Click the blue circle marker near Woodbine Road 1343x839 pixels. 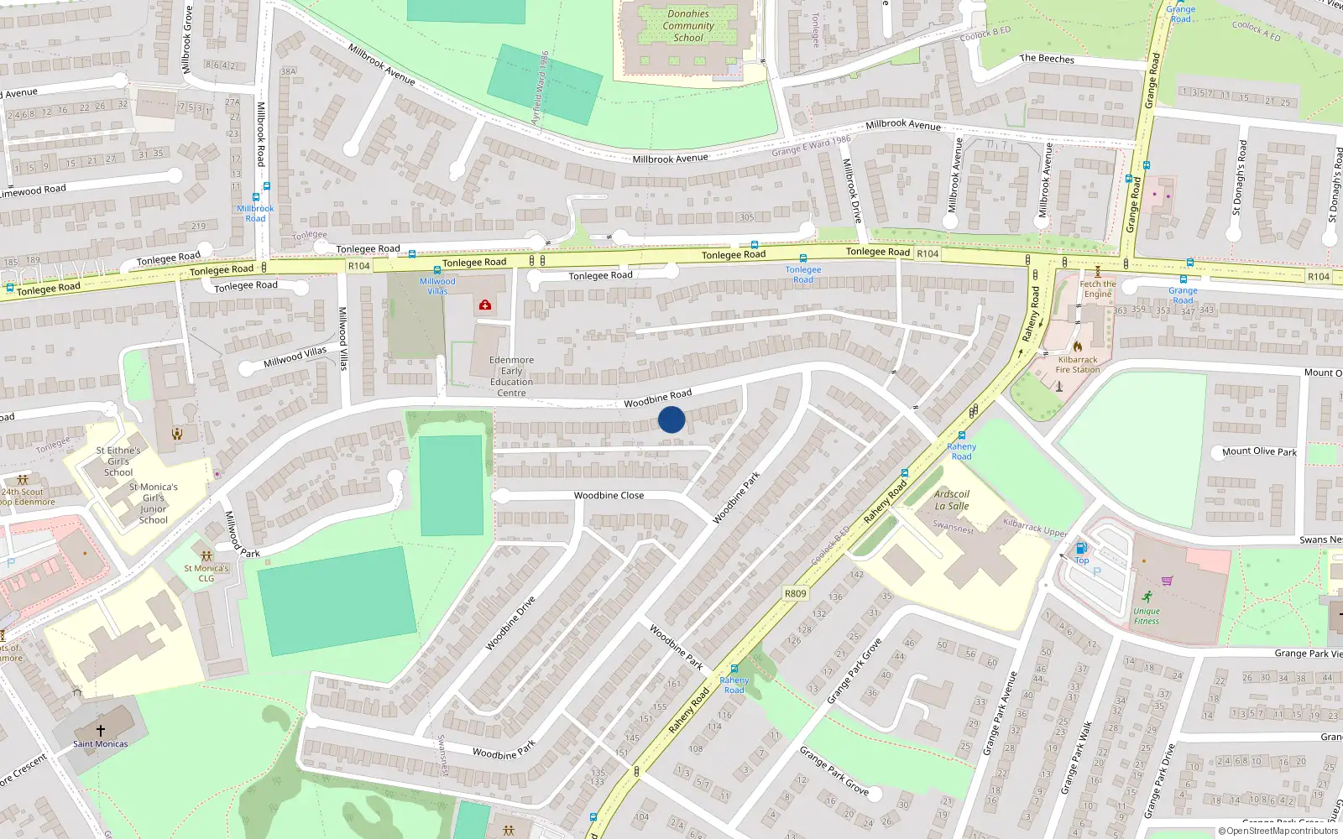point(671,419)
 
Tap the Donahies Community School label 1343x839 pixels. point(688,26)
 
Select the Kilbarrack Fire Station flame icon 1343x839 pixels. point(1078,346)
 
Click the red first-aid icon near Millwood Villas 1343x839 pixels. point(485,305)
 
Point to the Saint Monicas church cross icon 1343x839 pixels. point(101,731)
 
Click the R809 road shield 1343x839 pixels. point(795,593)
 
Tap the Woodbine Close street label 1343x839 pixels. point(609,495)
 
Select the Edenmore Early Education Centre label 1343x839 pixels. point(511,377)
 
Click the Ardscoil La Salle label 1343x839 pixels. point(952,500)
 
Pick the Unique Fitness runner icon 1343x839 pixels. point(1147,597)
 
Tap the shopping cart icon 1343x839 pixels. point(1167,581)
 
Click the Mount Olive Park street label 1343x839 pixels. point(1259,451)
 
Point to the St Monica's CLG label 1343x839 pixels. point(206,573)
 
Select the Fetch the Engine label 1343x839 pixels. point(1097,289)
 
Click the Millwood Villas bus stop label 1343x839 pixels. point(437,286)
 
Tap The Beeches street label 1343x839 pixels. point(1047,59)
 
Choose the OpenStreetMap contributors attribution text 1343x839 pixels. point(1278,831)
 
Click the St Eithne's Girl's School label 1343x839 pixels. point(118,461)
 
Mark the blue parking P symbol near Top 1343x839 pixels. point(1096,572)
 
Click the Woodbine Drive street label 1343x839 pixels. point(510,623)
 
